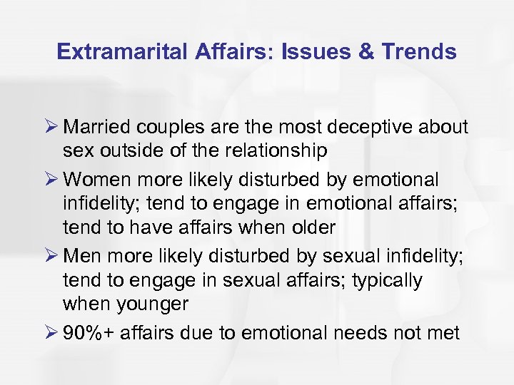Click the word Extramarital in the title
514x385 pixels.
pos(117,52)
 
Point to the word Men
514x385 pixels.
pos(81,255)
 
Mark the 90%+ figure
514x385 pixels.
pos(90,332)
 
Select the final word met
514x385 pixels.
pos(443,332)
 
